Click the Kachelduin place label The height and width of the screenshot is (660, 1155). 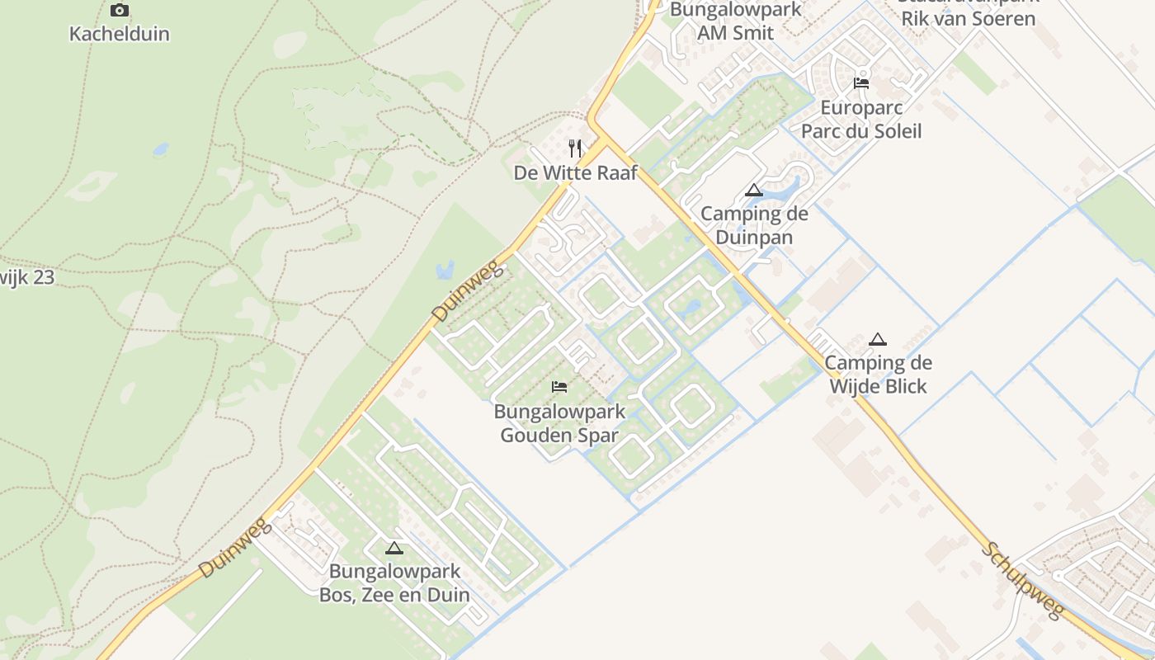tap(120, 34)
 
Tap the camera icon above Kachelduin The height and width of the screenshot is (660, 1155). tap(120, 11)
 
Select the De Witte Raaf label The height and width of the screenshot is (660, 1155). tap(575, 173)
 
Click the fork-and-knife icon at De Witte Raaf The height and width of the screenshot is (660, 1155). tap(575, 148)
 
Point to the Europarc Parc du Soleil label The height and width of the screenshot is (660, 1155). tap(861, 120)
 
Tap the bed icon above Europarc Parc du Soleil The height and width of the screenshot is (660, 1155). tap(861, 82)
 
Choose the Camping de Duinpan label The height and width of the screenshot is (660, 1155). tap(754, 225)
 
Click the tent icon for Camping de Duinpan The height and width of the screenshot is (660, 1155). tap(753, 191)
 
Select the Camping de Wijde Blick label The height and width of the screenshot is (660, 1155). tap(878, 375)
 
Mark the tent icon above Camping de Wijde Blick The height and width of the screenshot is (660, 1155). tap(878, 339)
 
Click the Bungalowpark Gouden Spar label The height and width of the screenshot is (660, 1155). tap(559, 423)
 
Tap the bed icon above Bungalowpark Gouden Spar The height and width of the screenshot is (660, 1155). tap(559, 386)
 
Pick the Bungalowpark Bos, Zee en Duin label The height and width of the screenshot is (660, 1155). tap(394, 583)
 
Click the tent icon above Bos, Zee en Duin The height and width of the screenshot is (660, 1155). tap(394, 548)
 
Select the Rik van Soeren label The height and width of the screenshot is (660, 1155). tap(968, 18)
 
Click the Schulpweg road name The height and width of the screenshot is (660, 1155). tap(1024, 582)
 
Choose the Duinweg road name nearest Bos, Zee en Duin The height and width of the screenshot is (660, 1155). tap(234, 548)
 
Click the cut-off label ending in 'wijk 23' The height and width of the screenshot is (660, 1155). tap(27, 277)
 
